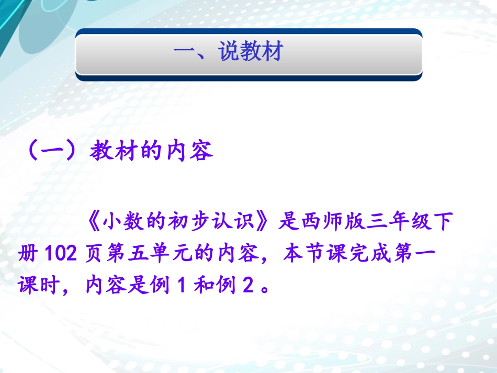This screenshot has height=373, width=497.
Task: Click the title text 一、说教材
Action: [228, 53]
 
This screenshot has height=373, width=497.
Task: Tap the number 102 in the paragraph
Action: [58, 255]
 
